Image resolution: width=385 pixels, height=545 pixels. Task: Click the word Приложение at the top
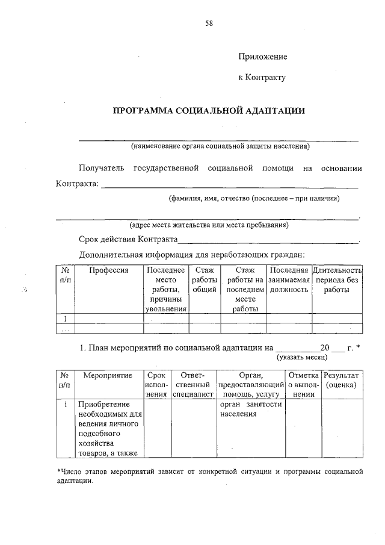pos(263,57)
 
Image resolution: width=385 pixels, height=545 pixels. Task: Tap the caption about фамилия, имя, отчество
pos(253,198)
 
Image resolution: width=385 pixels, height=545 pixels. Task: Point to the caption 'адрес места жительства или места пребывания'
pos(209,225)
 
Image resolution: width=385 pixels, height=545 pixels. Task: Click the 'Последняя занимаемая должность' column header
pos(289,280)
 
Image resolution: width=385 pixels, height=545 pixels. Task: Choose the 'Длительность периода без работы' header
pos(337,280)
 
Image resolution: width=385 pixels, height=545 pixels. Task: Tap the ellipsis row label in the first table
pos(66,329)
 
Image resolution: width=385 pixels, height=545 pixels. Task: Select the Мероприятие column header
pos(108,375)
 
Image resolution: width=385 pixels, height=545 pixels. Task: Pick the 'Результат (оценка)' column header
pos(341,380)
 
